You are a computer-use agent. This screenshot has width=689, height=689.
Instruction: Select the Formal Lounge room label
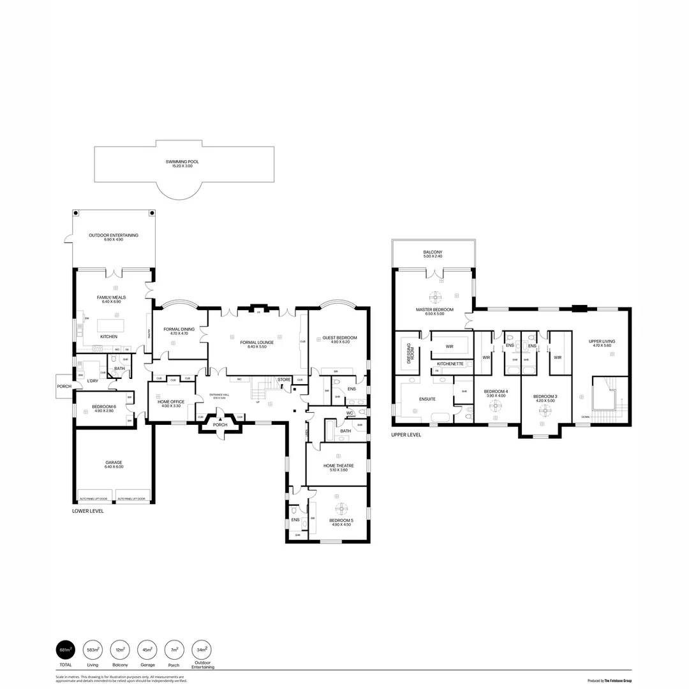(256, 343)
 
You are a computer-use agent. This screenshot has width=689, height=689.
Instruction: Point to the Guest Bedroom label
(339, 338)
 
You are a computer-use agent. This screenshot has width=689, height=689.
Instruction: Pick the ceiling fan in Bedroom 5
(341, 508)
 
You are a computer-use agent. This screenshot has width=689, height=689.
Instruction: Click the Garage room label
(114, 464)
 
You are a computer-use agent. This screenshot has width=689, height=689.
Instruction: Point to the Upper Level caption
(406, 434)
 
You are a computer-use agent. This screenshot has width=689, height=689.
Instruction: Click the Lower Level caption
(88, 511)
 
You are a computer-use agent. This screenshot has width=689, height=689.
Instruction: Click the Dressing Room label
(411, 353)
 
